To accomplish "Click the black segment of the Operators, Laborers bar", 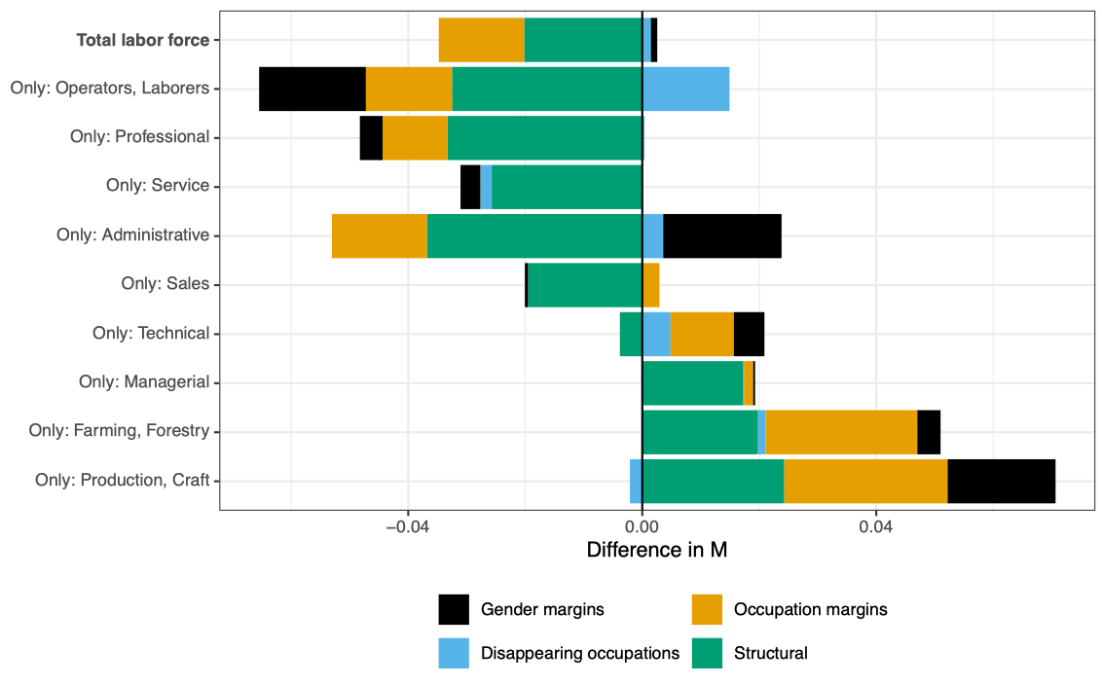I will click(312, 89).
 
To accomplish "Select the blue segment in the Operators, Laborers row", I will click(685, 89).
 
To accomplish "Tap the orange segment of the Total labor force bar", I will click(481, 40).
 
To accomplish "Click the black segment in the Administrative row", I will click(722, 235).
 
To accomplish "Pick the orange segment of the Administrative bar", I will click(379, 235).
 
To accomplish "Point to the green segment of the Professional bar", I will click(544, 137).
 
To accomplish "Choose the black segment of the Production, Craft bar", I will click(1001, 481).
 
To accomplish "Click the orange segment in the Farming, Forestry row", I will click(841, 432).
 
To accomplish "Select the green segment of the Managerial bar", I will click(692, 382).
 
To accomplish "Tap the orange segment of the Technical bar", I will click(702, 334).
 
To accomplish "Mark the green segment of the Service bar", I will click(567, 187).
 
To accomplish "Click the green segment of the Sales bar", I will click(584, 284).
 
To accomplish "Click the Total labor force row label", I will click(143, 40).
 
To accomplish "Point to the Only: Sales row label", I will click(165, 284).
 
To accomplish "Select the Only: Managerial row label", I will click(144, 382).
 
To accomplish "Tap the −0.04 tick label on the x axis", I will click(407, 526).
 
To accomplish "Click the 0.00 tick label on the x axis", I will click(643, 526).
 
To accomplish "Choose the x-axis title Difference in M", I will click(657, 550).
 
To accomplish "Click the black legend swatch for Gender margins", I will click(454, 610).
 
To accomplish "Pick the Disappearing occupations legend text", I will click(580, 653).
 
